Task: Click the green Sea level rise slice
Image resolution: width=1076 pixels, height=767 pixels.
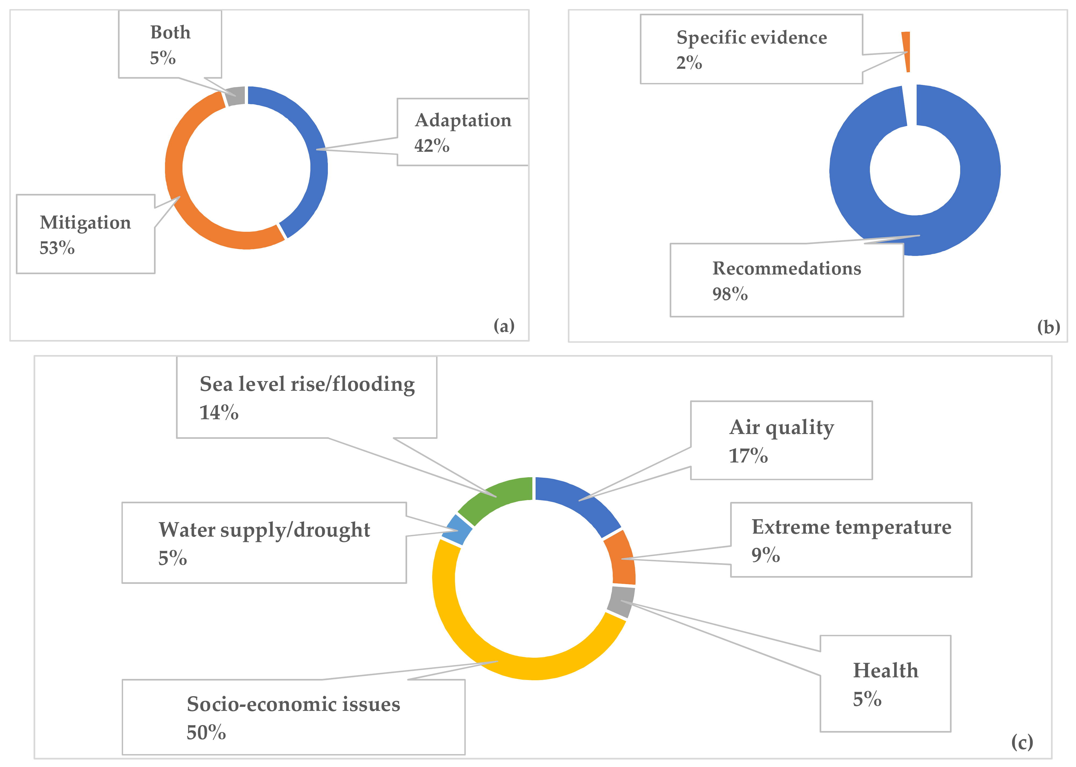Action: coord(496,498)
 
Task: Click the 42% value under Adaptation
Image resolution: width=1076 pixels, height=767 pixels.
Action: coord(431,146)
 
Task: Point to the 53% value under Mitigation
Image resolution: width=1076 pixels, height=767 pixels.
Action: coord(57,248)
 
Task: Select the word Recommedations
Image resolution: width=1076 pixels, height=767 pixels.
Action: coord(786,268)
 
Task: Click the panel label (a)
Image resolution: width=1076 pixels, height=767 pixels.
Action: coord(504,325)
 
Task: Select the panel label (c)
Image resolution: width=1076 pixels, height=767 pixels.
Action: coord(1022,742)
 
